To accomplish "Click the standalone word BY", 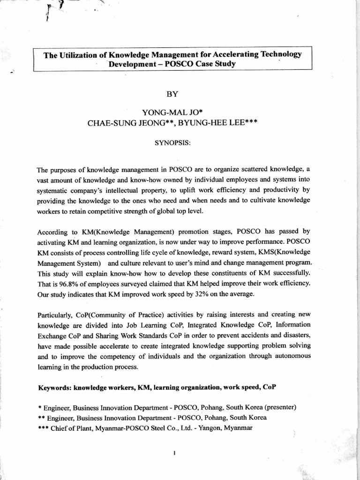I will coord(172,94).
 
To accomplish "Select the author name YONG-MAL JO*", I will coord(172,112).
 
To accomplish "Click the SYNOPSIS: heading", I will coord(172,142).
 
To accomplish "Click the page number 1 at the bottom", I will coord(174,453).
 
